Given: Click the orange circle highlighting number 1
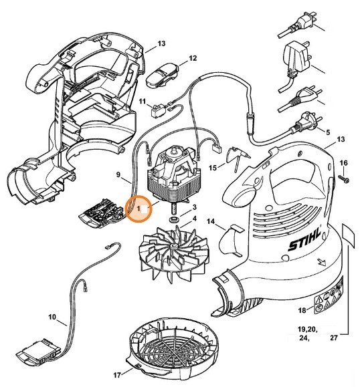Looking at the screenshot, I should click(x=141, y=209).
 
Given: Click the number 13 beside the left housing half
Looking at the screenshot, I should click(x=161, y=43).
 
